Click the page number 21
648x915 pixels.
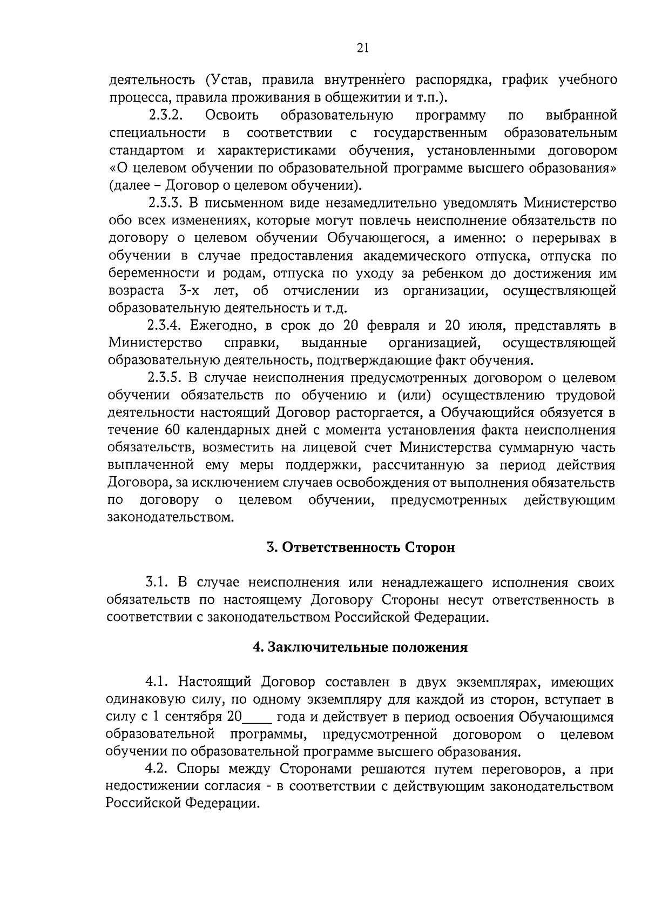[362, 48]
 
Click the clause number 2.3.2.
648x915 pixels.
[167, 115]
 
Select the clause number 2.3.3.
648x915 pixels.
[167, 203]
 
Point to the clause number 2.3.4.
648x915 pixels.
[167, 325]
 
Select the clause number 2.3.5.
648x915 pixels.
[167, 378]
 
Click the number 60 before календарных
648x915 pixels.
[168, 430]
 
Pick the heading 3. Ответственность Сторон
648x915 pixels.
[361, 547]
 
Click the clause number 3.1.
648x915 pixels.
[158, 582]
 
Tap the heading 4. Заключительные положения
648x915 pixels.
[360, 647]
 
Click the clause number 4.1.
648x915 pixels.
[158, 682]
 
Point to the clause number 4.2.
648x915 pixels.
[158, 769]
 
